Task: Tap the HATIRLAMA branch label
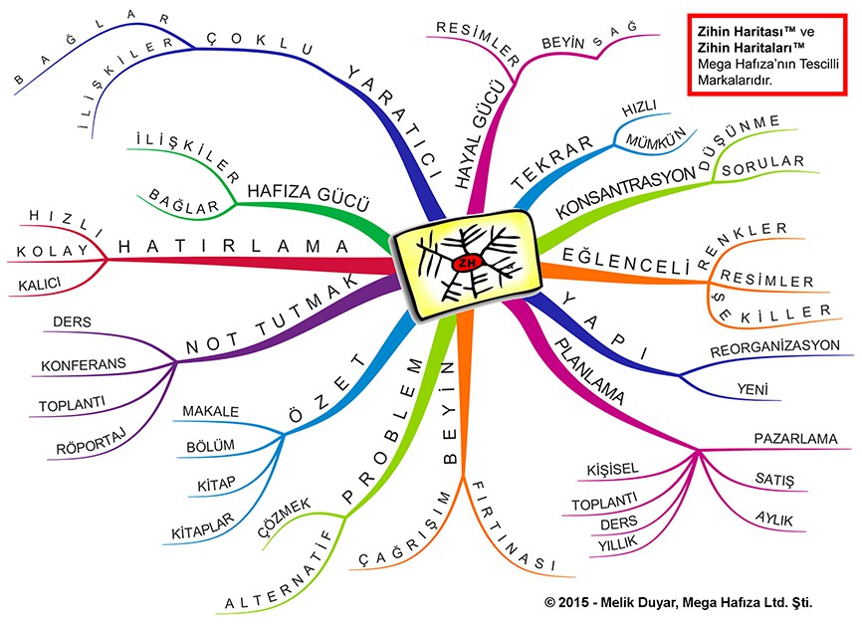pos(233,246)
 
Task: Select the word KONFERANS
pos(84,364)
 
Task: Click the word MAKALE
pos(211,411)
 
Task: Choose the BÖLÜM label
pos(210,446)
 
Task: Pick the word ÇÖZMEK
pos(285,518)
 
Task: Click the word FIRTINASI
pos(512,526)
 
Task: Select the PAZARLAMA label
pos(795,439)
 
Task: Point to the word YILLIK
pos(618,544)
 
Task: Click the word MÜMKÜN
pos(656,138)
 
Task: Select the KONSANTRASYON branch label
pos(626,194)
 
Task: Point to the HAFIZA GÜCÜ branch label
pos(308,197)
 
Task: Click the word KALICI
pos(40,285)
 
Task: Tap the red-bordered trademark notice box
pos(768,55)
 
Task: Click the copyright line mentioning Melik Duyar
pos(679,602)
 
